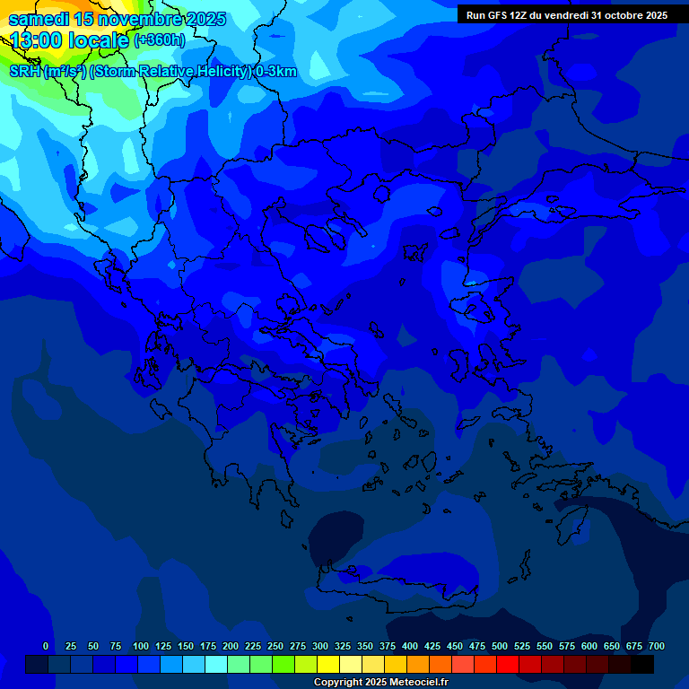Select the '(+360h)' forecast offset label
point(160,39)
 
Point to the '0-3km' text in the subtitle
point(276,72)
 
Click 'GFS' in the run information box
point(496,15)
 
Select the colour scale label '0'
point(46,646)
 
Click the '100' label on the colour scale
point(141,646)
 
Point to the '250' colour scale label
point(275,646)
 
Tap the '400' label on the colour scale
point(410,646)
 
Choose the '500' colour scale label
point(500,646)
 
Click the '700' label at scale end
point(657,646)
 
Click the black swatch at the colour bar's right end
point(642,664)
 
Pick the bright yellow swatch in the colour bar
point(328,664)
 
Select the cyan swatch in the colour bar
point(216,664)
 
